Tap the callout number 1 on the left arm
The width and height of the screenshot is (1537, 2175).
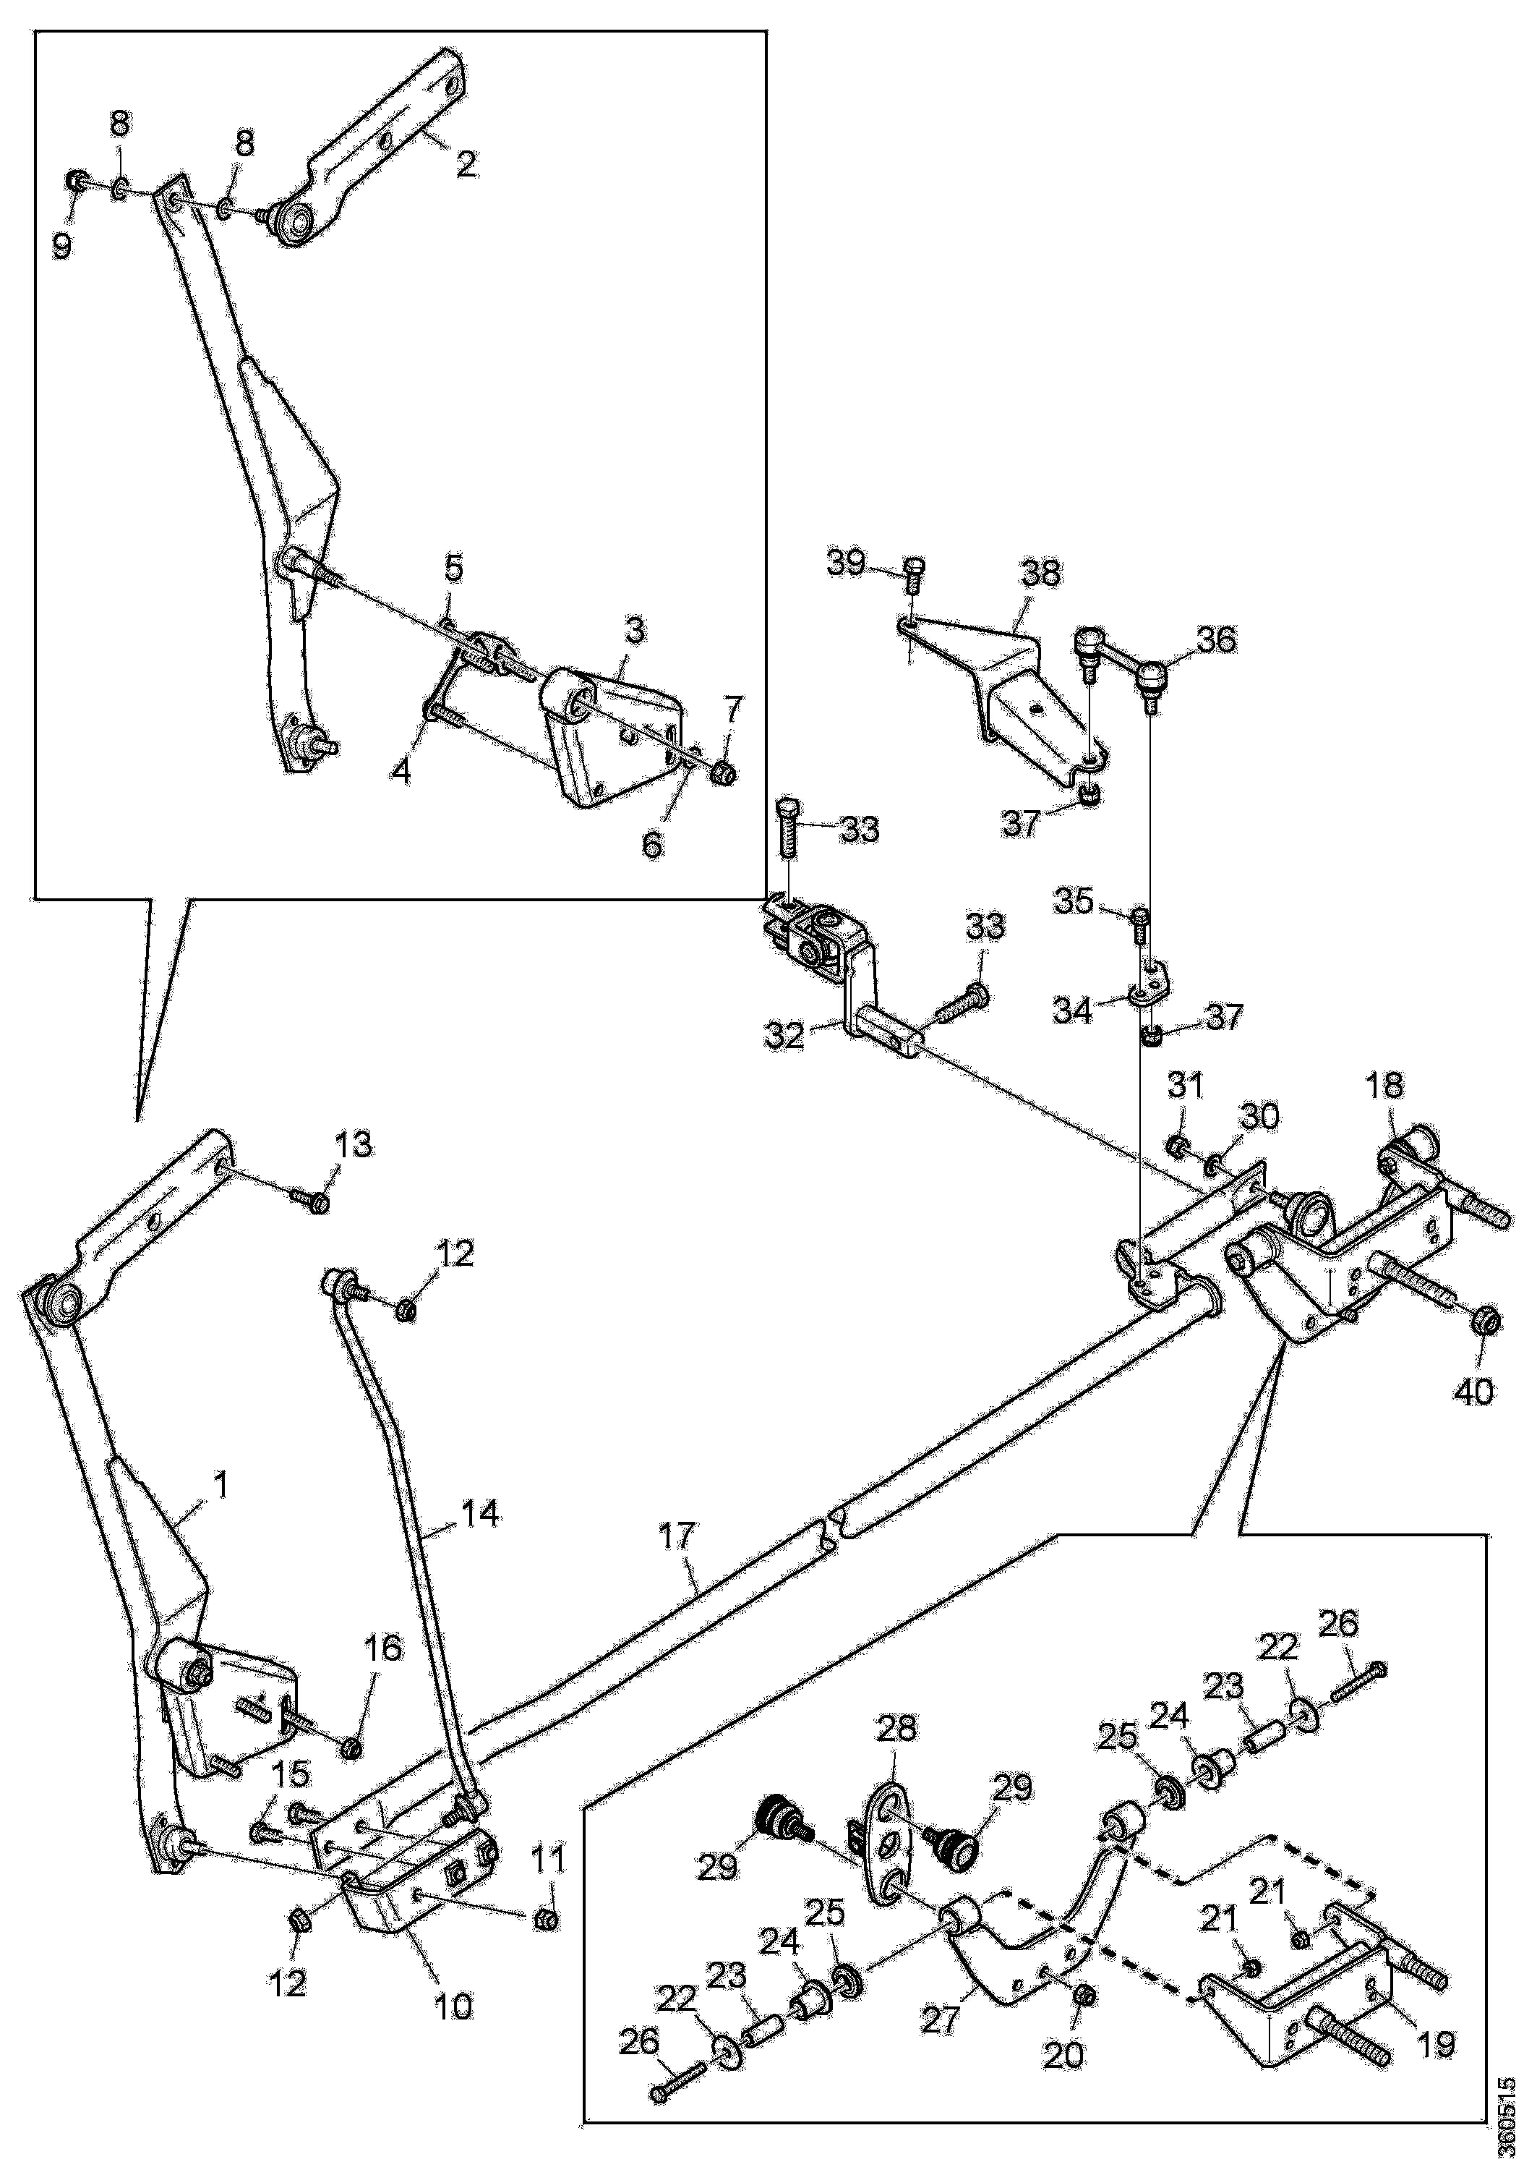click(x=221, y=1484)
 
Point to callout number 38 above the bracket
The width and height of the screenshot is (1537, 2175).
click(x=1041, y=573)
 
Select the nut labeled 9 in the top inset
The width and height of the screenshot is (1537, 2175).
click(x=77, y=181)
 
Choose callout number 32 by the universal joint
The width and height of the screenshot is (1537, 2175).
click(x=786, y=1034)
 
